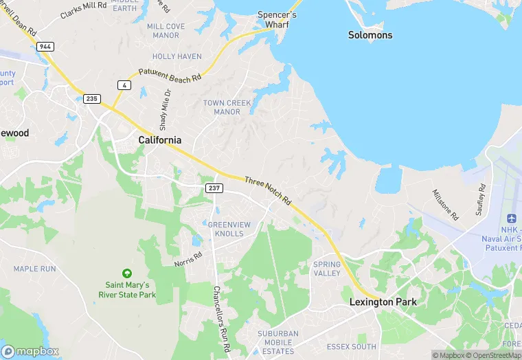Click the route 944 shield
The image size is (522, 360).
[x=45, y=46]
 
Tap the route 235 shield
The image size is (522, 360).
[x=92, y=99]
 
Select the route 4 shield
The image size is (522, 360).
[x=124, y=85]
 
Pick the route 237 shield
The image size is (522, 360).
[x=213, y=188]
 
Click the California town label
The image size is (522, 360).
[x=160, y=140]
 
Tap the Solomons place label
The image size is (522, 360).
[x=370, y=35]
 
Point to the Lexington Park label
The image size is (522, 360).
[x=383, y=302]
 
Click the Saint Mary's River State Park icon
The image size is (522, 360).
[x=126, y=273]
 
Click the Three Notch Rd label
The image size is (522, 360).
[x=268, y=190]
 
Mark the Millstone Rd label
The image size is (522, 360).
[x=445, y=204]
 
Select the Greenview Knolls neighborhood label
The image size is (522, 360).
[x=225, y=229]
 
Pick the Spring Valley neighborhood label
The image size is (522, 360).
[x=327, y=269]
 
